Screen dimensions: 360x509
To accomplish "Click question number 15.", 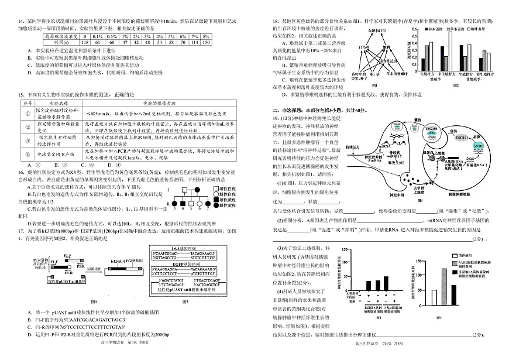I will tap(20, 94).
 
